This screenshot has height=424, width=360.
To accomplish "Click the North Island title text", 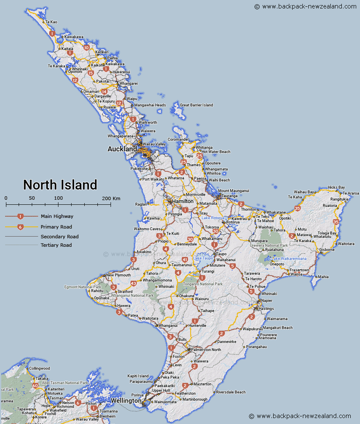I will click(x=60, y=185).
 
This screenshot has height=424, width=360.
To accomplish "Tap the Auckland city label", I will click(x=122, y=149).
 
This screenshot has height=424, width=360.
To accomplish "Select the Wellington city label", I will click(x=126, y=401).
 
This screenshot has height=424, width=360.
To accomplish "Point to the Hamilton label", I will click(x=183, y=201).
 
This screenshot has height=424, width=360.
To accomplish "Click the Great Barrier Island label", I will click(x=197, y=105).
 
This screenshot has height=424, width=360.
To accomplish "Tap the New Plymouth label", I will click(x=118, y=275).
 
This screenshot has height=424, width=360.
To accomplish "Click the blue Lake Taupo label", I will click(x=203, y=258).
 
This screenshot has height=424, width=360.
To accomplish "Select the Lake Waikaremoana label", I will click(x=289, y=259).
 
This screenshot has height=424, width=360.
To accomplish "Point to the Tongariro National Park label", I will click(x=202, y=284).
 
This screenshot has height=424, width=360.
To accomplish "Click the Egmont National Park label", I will click(x=83, y=287).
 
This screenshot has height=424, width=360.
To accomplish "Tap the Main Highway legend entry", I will click(x=57, y=216).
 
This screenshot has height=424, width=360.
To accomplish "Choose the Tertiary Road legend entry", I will click(x=56, y=245).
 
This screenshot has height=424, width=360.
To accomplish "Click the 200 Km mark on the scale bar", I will click(x=111, y=198).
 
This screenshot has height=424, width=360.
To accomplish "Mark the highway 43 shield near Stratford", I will click(x=133, y=283).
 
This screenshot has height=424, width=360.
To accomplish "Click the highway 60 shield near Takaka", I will click(x=35, y=385).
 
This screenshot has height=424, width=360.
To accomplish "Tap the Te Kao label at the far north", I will click(x=51, y=22).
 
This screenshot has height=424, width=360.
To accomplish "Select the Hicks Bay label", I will click(x=336, y=187).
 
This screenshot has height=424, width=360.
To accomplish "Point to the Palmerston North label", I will click(x=205, y=350).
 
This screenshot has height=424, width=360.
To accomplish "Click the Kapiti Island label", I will click(x=138, y=376).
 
